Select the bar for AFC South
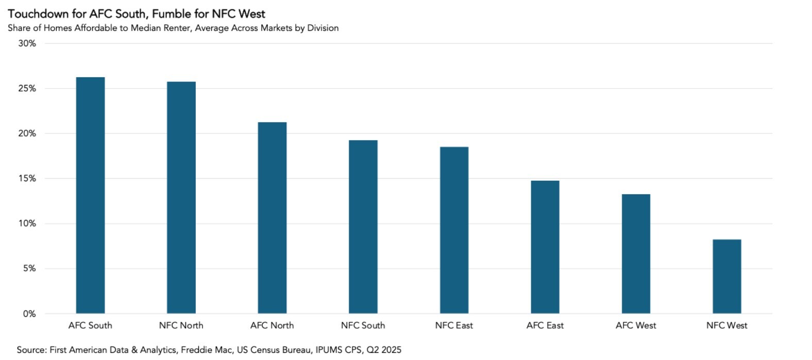tap(90, 196)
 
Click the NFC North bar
tap(181, 198)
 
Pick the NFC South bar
tap(363, 227)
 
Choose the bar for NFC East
tap(454, 230)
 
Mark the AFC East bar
tap(545, 247)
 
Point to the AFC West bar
tap(636, 254)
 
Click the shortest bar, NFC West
tap(726, 277)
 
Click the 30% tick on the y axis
tap(27, 44)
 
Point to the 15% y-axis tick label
tap(27, 179)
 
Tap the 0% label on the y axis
tap(29, 314)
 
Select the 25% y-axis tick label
tap(27, 89)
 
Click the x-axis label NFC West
tap(726, 325)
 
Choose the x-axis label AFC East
tap(545, 325)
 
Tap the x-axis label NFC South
tap(363, 325)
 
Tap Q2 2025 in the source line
tap(384, 350)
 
